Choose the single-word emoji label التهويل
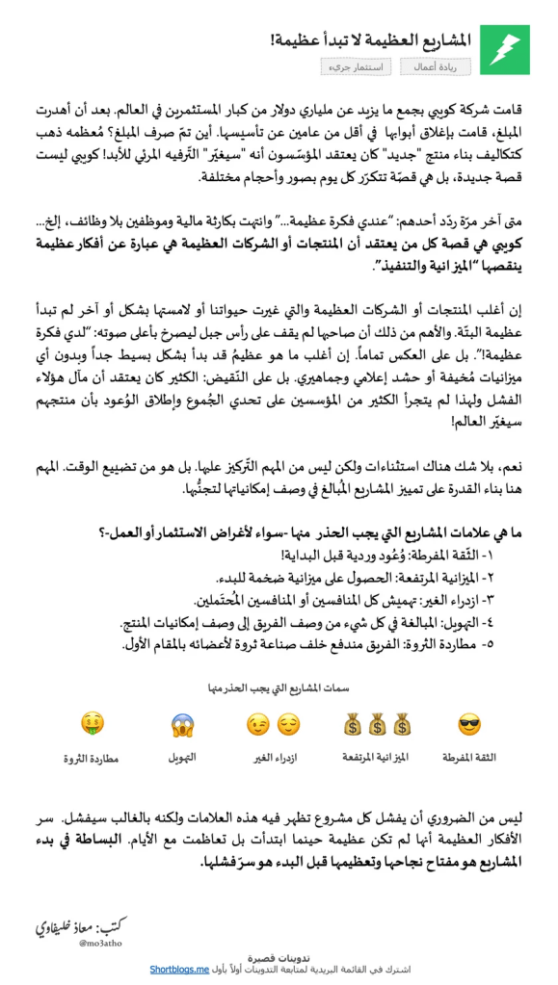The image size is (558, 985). (183, 757)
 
